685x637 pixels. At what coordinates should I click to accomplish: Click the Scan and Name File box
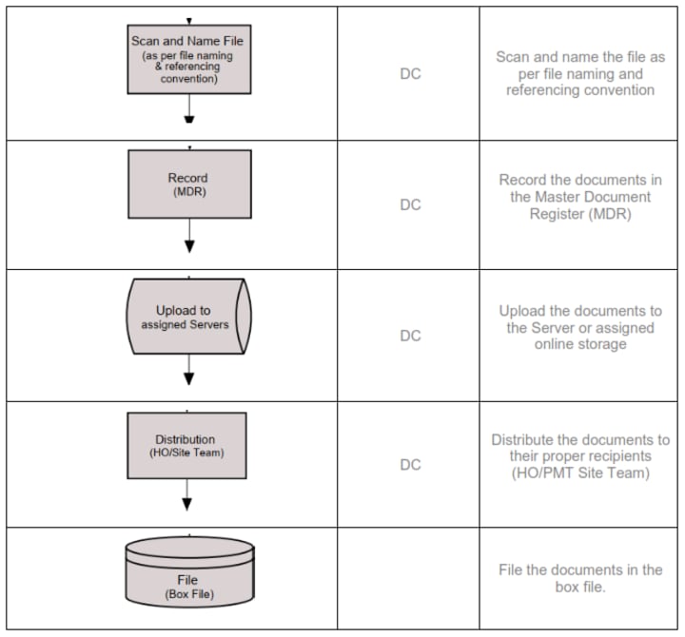pyautogui.click(x=189, y=59)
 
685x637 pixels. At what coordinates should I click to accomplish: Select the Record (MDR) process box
pyautogui.click(x=189, y=183)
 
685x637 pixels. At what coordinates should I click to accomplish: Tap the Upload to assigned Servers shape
pyautogui.click(x=189, y=316)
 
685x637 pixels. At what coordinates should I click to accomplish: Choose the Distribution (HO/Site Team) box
pyautogui.click(x=186, y=445)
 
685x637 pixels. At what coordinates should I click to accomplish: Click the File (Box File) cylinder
pyautogui.click(x=189, y=573)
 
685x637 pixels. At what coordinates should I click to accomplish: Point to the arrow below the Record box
pyautogui.click(x=189, y=235)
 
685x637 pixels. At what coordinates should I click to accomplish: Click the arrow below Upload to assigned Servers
pyautogui.click(x=189, y=368)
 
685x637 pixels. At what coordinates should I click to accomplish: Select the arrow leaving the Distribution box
pyautogui.click(x=186, y=495)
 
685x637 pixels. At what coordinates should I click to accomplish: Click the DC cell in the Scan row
pyautogui.click(x=410, y=73)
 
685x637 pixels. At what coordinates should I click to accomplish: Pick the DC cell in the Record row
pyautogui.click(x=410, y=204)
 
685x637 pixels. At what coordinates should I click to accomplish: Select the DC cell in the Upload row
pyautogui.click(x=410, y=336)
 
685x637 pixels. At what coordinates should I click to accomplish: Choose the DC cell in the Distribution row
pyautogui.click(x=410, y=465)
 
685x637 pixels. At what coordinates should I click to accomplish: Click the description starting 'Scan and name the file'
pyautogui.click(x=580, y=73)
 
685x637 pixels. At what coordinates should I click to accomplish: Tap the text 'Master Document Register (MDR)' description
pyautogui.click(x=580, y=197)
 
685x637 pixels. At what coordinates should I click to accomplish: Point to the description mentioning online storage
pyautogui.click(x=580, y=327)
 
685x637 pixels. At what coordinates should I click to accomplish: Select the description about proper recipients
pyautogui.click(x=580, y=456)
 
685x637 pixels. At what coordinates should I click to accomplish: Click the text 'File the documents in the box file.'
pyautogui.click(x=580, y=578)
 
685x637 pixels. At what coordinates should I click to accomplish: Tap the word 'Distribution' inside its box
pyautogui.click(x=186, y=439)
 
